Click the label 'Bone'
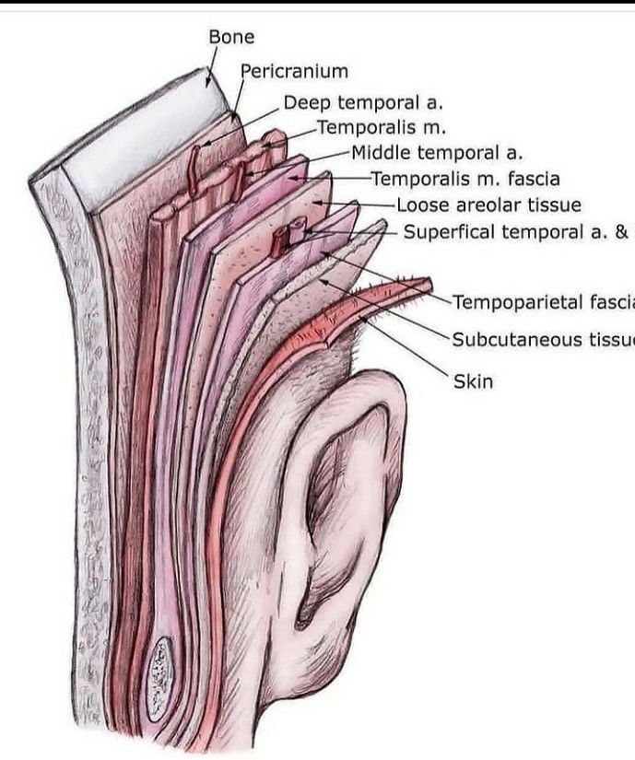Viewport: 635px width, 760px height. click(231, 38)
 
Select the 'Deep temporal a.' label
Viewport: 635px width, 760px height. click(351, 103)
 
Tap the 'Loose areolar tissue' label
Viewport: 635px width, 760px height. click(488, 205)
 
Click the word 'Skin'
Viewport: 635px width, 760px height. click(473, 380)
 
